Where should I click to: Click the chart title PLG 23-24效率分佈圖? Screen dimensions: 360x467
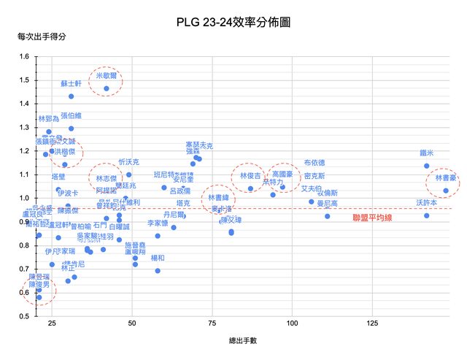coord(233,23)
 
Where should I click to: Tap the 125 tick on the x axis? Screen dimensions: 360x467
coord(372,323)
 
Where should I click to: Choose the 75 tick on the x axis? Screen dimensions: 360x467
coord(212,323)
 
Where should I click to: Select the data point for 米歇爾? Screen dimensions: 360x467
coord(107,88)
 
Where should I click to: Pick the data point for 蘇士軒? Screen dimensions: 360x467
coord(72,96)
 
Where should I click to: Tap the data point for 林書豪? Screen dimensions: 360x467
coord(445,191)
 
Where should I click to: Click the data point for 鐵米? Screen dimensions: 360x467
coord(427,166)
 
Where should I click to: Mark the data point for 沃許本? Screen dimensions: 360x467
coord(427,215)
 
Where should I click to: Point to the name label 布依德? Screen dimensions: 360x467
coord(314,163)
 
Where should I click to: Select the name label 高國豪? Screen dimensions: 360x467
coord(282,175)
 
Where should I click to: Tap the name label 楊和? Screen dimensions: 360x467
coord(158,258)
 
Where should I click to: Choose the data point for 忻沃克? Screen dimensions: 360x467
coord(129,175)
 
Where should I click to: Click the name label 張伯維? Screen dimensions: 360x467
coord(71,115)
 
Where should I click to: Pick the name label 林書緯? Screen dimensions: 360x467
coord(218,197)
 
